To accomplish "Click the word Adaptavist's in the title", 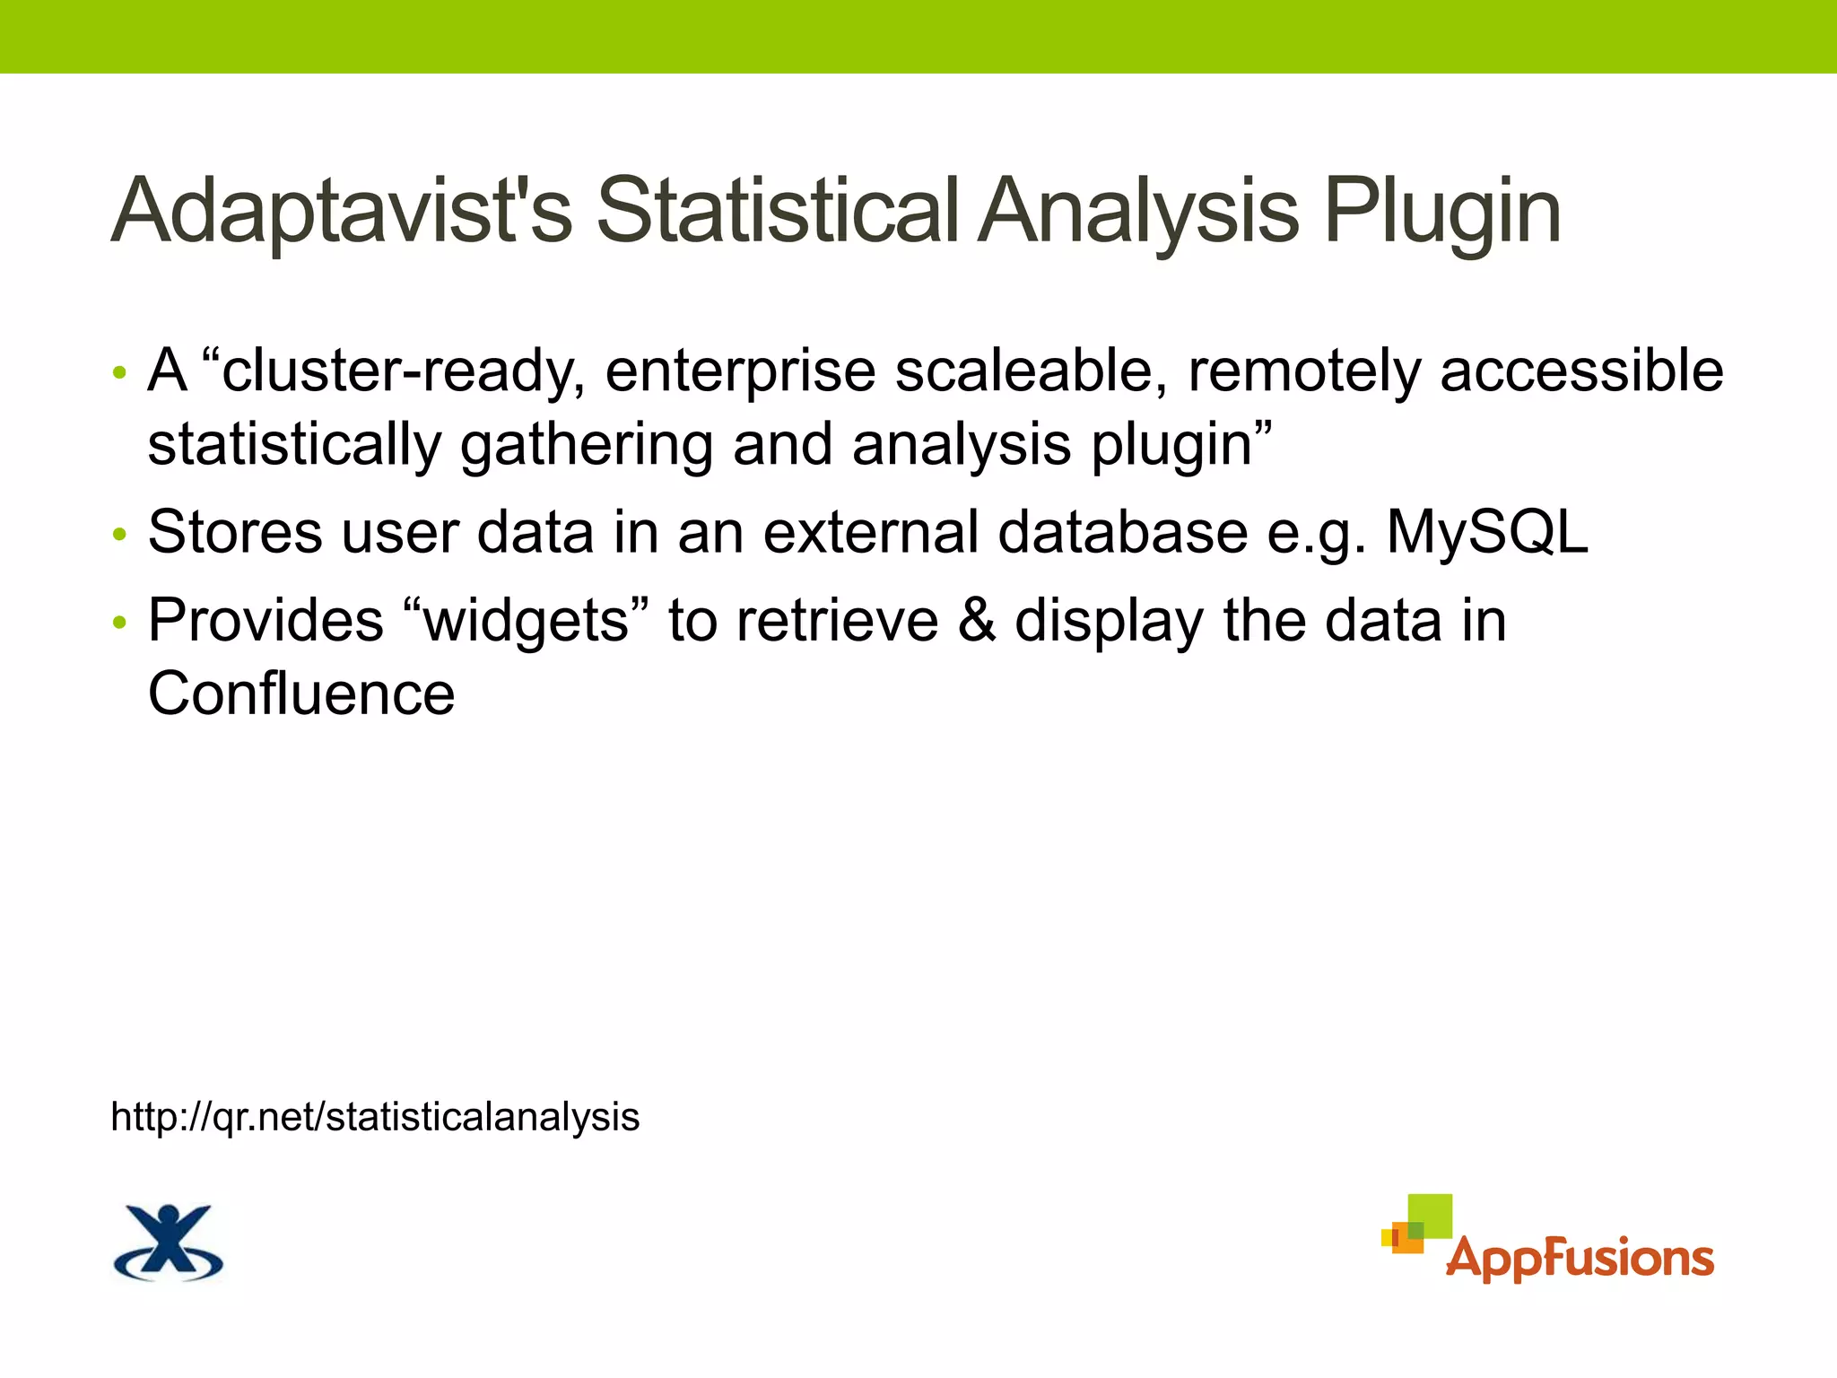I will pos(341,212).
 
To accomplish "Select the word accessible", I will pos(1581,371).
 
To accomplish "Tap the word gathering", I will pos(586,447).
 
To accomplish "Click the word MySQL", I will pos(1487,533).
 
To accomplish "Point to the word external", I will pos(870,533).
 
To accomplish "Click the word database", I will pos(1122,533).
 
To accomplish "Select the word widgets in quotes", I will pos(527,622).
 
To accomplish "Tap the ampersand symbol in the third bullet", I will pos(977,622).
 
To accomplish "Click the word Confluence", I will pos(301,694).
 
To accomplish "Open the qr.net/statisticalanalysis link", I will pos(375,1118).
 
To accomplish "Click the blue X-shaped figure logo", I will pos(168,1242).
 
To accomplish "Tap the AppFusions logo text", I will pos(1580,1258).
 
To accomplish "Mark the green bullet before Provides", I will pos(119,624).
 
